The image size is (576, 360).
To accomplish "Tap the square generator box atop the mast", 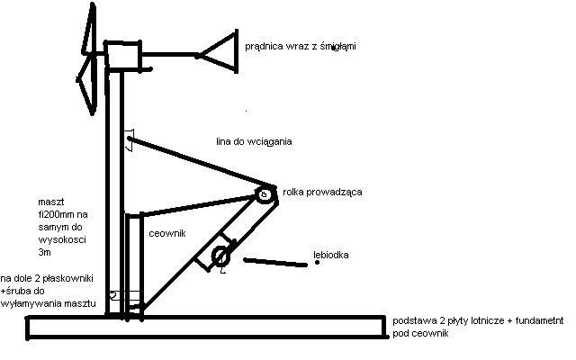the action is click(x=122, y=55).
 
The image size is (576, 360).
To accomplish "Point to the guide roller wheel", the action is click(x=265, y=194).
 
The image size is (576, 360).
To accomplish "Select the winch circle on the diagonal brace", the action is click(x=220, y=256).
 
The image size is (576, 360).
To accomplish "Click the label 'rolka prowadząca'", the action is click(x=322, y=192).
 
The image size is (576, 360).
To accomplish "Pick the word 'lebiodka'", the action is click(x=331, y=255).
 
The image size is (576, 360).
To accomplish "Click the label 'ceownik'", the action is click(x=167, y=234).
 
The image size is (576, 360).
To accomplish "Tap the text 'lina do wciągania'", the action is click(x=254, y=141).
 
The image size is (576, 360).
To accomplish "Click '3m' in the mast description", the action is click(x=44, y=252).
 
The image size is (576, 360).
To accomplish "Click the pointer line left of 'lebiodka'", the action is click(x=275, y=262).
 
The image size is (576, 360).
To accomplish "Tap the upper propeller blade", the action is click(x=89, y=30).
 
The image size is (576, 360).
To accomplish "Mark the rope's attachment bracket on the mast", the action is click(x=130, y=139).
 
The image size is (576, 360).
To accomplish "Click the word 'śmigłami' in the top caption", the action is click(x=338, y=46).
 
